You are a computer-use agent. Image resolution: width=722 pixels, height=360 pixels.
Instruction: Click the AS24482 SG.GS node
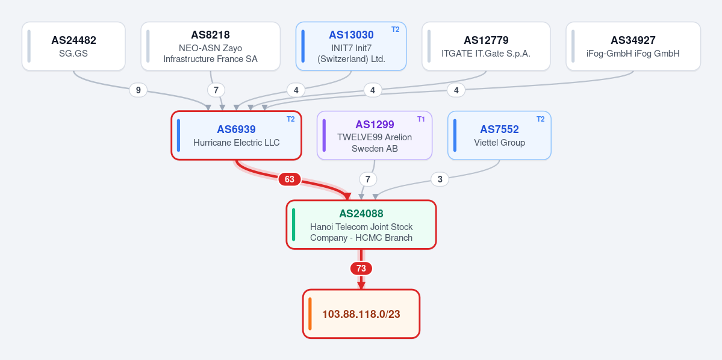click(73, 46)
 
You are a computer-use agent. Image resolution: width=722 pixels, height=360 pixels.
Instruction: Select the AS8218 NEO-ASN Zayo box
click(210, 46)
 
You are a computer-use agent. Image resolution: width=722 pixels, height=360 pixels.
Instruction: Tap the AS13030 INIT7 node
click(351, 46)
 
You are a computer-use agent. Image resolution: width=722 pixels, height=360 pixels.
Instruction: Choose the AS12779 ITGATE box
click(486, 46)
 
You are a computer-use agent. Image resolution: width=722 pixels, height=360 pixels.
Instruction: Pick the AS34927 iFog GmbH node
click(633, 46)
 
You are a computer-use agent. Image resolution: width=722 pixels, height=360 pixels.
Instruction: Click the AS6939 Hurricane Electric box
click(236, 135)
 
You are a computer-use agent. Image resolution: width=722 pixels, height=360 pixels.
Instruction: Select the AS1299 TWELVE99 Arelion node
click(375, 135)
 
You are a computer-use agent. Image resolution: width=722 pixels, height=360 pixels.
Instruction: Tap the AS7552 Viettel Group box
click(499, 135)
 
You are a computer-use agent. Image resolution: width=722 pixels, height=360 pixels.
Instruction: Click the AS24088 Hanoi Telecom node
click(361, 225)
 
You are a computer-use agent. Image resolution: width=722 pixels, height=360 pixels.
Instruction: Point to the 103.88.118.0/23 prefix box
click(361, 314)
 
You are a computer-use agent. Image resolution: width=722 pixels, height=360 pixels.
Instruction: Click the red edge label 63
click(289, 179)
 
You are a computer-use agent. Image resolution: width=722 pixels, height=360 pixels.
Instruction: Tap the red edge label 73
click(361, 268)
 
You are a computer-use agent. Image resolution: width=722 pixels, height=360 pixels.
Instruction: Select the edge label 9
click(138, 90)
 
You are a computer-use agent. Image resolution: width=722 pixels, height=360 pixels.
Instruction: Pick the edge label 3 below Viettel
click(440, 179)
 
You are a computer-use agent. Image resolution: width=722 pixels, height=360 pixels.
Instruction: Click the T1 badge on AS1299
click(422, 119)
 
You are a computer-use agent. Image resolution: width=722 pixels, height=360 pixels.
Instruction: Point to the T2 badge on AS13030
click(396, 29)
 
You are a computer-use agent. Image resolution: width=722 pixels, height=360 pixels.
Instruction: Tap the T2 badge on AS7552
click(541, 119)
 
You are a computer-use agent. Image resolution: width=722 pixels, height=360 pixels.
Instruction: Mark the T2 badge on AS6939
click(291, 119)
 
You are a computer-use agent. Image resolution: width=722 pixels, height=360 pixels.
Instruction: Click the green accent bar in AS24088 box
click(294, 225)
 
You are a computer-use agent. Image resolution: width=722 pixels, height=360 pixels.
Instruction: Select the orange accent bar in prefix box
click(310, 314)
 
